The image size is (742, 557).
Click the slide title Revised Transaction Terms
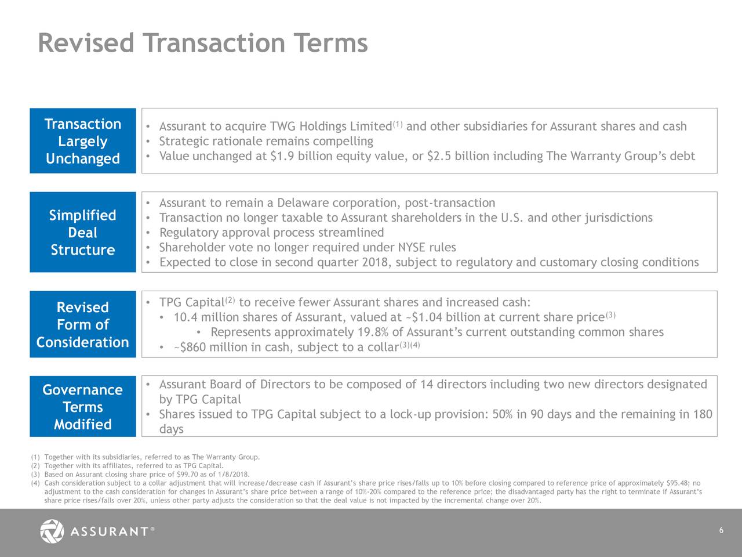click(202, 43)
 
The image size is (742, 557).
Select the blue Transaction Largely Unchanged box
click(83, 141)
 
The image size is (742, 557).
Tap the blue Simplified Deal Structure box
click(83, 232)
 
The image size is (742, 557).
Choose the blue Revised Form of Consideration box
click(83, 324)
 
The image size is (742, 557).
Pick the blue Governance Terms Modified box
click(83, 407)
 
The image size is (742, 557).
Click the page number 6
click(721, 531)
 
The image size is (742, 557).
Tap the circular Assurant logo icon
click(52, 531)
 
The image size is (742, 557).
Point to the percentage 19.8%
click(372, 332)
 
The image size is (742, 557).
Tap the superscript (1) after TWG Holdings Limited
click(397, 124)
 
